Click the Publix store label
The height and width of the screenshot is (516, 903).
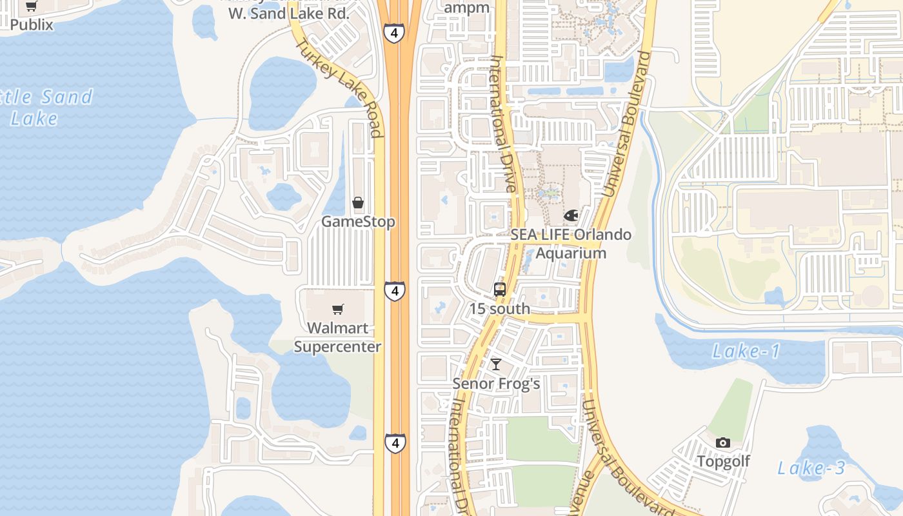click(31, 25)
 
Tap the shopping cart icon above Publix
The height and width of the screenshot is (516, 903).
click(31, 7)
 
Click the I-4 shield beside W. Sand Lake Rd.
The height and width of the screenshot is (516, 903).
click(393, 33)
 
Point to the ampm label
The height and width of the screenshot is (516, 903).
click(467, 8)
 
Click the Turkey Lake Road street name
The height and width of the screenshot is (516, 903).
click(339, 88)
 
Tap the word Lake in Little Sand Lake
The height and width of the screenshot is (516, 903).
click(34, 119)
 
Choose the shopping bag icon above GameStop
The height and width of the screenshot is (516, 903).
click(358, 203)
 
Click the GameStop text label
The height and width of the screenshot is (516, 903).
click(358, 222)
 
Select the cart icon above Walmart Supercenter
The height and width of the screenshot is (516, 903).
click(338, 310)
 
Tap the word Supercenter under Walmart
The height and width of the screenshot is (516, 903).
click(338, 346)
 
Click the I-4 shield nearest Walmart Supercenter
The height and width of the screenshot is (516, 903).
click(395, 291)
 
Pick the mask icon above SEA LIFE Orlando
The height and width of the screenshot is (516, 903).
click(571, 215)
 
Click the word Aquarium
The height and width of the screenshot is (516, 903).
click(571, 253)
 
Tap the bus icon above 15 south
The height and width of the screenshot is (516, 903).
click(499, 290)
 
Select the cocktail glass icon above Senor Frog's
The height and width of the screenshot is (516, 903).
click(495, 365)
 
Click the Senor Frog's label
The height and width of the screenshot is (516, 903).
click(496, 384)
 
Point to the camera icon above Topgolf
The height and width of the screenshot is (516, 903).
click(723, 442)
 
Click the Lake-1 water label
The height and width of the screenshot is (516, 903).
click(746, 352)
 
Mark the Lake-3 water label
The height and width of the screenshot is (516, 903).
click(811, 468)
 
